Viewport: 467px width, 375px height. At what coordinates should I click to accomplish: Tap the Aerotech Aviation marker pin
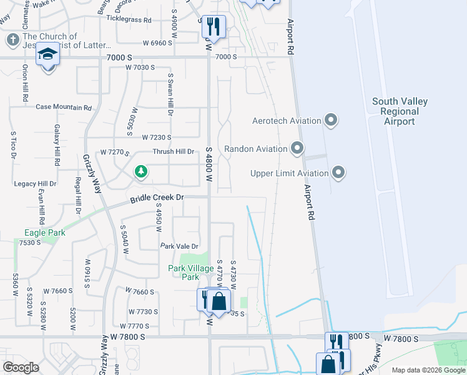point(332,120)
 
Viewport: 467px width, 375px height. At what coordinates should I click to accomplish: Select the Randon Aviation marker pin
point(297,149)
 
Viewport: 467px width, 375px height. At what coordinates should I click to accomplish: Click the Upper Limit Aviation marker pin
point(338,172)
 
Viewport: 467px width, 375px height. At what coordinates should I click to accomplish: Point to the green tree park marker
point(142,172)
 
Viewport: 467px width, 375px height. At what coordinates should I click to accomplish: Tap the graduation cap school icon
point(47,55)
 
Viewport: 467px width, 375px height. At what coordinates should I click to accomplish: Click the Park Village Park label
point(184,272)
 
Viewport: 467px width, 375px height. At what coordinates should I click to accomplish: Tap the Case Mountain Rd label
point(64,107)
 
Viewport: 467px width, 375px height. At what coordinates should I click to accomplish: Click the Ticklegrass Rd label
point(129,20)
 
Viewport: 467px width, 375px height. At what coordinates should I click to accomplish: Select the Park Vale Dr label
point(179,246)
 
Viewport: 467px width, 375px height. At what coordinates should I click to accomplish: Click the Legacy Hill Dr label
point(36,184)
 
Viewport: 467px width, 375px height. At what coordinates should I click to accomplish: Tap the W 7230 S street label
point(148,137)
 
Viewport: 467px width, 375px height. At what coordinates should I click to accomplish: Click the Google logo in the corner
point(21,367)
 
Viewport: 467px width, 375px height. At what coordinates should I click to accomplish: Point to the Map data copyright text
point(428,370)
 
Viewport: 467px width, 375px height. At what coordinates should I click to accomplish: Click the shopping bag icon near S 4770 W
point(219,301)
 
